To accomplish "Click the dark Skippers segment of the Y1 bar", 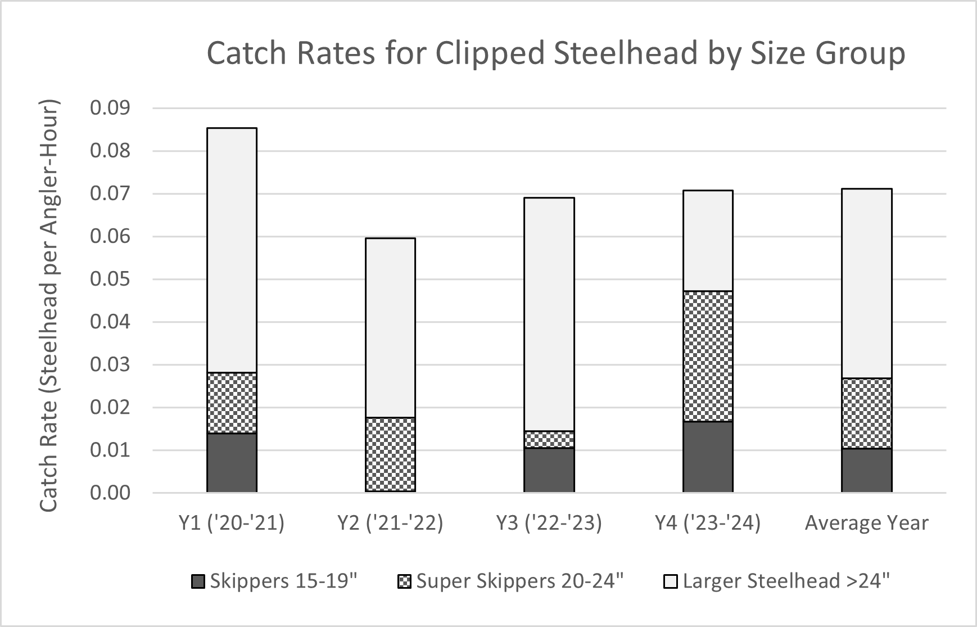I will pos(232,462).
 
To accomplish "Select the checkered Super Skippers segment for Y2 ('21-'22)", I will pos(390,454).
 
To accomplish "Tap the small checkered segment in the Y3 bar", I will pos(549,439).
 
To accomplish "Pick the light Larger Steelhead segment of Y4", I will pos(708,241).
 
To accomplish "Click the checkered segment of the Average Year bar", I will pos(866,413).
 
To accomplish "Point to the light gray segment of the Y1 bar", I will pos(232,250).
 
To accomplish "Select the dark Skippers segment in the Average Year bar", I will pos(866,470).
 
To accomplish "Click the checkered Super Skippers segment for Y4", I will pos(708,356).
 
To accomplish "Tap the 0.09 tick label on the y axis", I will pos(110,108).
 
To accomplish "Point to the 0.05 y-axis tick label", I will pos(110,279).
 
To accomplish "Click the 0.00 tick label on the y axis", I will pos(110,493).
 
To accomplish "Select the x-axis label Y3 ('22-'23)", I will pos(549,523).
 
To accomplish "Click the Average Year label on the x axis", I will pos(866,523).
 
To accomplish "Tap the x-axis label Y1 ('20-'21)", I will pos(232,523).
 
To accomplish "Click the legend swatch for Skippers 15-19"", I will pos(198,581).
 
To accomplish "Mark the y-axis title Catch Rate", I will pos(49,455).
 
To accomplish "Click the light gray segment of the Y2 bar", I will pos(390,328).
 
